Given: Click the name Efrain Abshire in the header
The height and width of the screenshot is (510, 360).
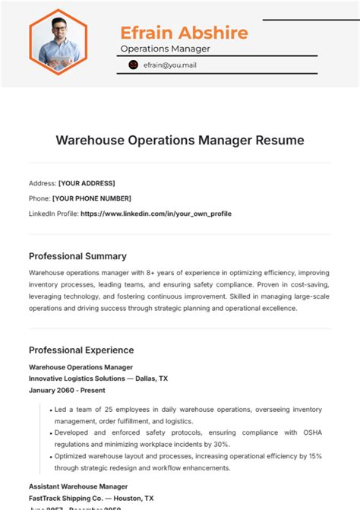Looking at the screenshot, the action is coord(184,33).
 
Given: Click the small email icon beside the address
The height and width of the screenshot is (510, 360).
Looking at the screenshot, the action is coord(134,65).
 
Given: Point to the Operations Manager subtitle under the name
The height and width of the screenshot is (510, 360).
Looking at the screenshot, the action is coord(165,49).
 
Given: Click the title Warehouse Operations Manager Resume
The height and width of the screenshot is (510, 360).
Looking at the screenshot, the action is coord(180,141).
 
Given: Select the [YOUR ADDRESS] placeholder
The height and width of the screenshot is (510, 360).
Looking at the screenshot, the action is coord(87,183).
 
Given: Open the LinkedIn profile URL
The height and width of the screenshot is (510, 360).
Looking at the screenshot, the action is coord(156,214).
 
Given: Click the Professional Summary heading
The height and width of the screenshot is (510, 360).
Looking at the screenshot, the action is coord(77,256).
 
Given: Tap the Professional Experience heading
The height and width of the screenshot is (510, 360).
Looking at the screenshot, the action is coord(81,350).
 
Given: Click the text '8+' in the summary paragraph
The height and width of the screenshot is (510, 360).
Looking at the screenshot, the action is coord(145,271).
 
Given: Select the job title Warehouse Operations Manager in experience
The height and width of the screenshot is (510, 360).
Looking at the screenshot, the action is coord(75,366).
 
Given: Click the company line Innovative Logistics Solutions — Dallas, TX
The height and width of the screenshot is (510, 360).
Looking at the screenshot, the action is coord(98,378).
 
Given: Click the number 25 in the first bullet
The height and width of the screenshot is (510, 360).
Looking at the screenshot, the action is coord(104,409).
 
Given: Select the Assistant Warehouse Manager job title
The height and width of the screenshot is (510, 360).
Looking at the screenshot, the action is coord(78,486).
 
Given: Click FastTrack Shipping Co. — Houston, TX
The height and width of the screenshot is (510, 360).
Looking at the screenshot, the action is coord(91,498).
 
